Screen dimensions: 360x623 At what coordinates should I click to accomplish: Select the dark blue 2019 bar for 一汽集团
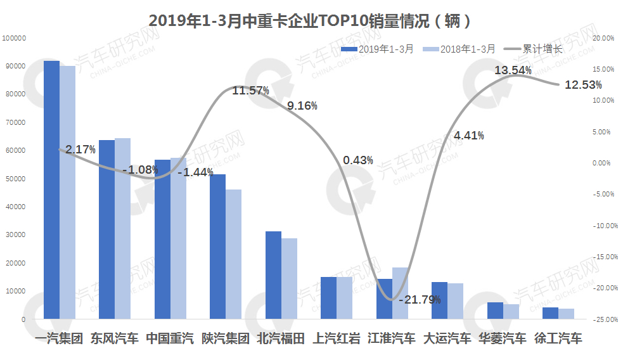coord(51,190)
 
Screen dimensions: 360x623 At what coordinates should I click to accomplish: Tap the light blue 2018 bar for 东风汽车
coord(122,228)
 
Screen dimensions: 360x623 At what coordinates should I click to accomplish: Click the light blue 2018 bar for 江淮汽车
coord(400,293)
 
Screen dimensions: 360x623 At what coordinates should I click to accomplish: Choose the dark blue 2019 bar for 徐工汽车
coord(550,313)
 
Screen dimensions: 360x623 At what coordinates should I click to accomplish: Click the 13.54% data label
coord(513,70)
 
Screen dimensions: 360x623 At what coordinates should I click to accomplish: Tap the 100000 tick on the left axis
coord(13,38)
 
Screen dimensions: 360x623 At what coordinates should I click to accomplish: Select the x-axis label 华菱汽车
coord(502,338)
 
